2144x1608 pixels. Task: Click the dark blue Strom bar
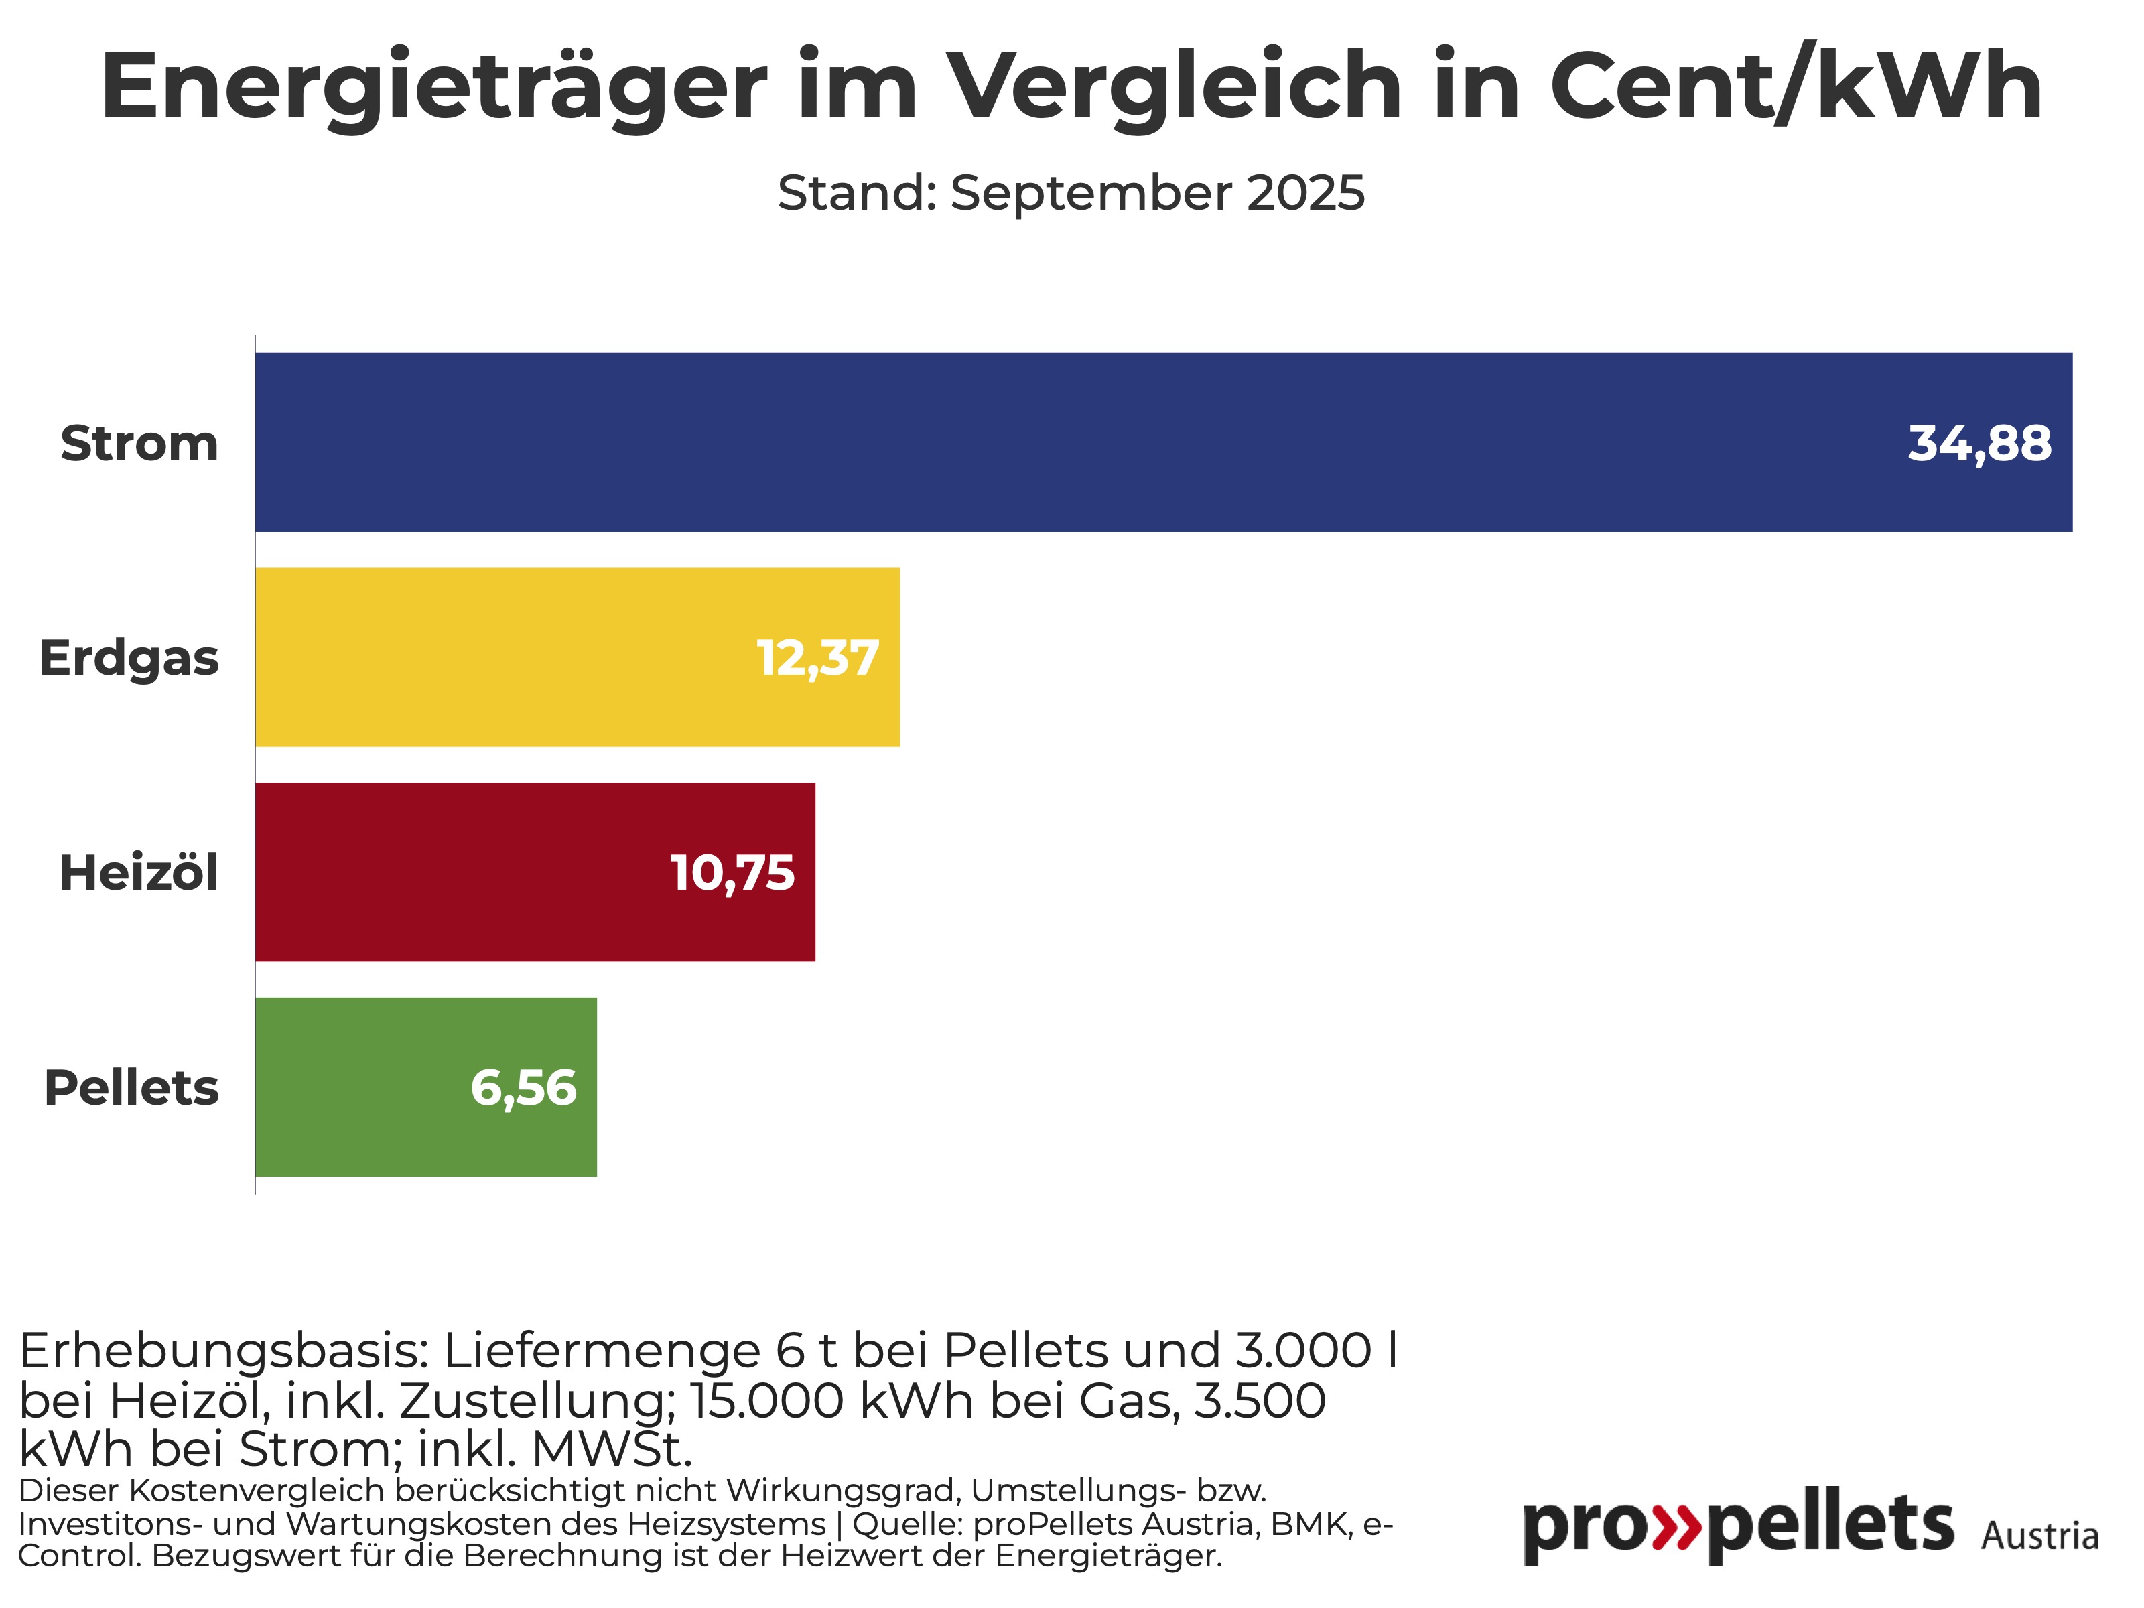(x=1066, y=442)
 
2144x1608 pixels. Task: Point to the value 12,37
(x=817, y=658)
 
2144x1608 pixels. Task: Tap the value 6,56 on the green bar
(x=523, y=1087)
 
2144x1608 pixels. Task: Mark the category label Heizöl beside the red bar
(x=139, y=872)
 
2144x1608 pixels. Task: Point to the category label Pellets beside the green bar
(x=132, y=1087)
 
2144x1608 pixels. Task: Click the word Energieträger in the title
(x=433, y=87)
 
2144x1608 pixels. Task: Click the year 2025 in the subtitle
(x=1306, y=193)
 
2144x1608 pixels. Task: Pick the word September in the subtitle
(x=1090, y=194)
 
